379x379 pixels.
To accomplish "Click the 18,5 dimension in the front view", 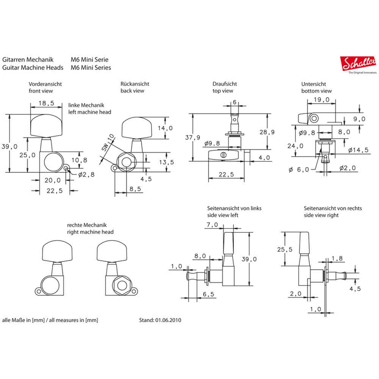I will pyautogui.click(x=46, y=103).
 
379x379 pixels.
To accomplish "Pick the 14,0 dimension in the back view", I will pyautogui.click(x=166, y=128).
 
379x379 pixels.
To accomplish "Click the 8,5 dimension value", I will pyautogui.click(x=135, y=188).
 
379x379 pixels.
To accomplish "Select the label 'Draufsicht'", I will pyautogui.click(x=224, y=84).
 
